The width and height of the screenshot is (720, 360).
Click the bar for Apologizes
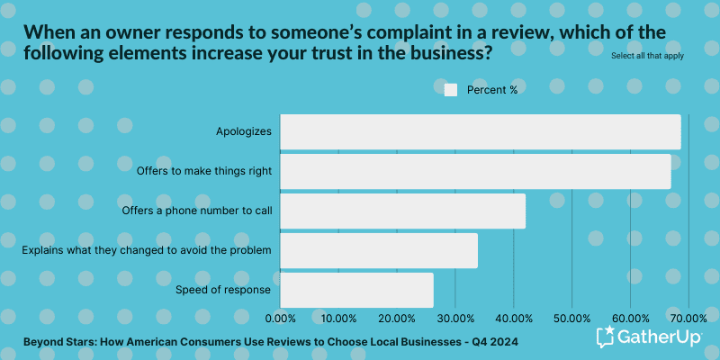pyautogui.click(x=481, y=131)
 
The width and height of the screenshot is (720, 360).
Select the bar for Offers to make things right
pyautogui.click(x=475, y=171)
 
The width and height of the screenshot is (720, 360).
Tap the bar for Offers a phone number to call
pyautogui.click(x=402, y=211)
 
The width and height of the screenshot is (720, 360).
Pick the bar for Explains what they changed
pyautogui.click(x=379, y=250)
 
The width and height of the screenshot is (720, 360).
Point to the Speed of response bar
pyautogui.click(x=356, y=290)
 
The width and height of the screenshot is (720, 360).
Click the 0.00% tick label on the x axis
pyautogui.click(x=281, y=319)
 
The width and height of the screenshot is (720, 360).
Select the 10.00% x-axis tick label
pyautogui.click(x=339, y=319)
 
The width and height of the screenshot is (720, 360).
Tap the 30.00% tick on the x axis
pyautogui.click(x=455, y=319)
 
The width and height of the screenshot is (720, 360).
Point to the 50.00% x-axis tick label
pyautogui.click(x=571, y=319)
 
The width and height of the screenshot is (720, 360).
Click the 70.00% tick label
pyautogui.click(x=688, y=319)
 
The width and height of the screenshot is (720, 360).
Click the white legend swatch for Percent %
pyautogui.click(x=451, y=90)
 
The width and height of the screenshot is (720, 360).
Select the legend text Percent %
pyautogui.click(x=492, y=90)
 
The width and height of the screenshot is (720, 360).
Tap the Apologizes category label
pyautogui.click(x=244, y=131)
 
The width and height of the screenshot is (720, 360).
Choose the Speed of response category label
pyautogui.click(x=228, y=290)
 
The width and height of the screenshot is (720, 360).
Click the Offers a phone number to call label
pyautogui.click(x=197, y=211)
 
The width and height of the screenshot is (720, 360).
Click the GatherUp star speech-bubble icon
pyautogui.click(x=606, y=337)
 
